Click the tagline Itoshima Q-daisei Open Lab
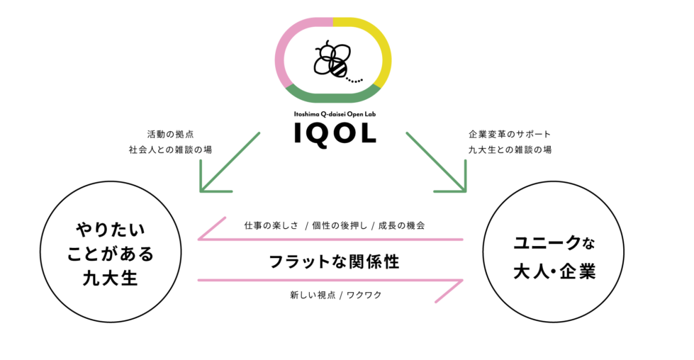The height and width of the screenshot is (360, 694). [x=334, y=113]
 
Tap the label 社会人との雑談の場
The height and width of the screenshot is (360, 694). [x=169, y=150]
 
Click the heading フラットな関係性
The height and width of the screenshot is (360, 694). [x=334, y=261]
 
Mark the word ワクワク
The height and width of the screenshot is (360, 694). [x=364, y=294]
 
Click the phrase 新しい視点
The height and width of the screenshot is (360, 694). [x=311, y=294]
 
